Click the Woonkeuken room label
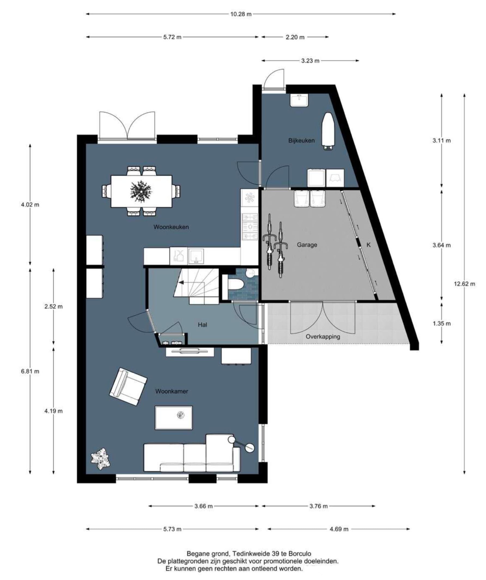pos(171,227)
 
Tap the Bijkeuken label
pos(302,141)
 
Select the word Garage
pos(307,245)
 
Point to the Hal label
pos(202,325)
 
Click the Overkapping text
pos(323,337)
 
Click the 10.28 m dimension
pos(241,14)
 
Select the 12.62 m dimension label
pos(464,284)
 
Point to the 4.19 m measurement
pos(54,411)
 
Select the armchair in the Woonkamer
pos(128,387)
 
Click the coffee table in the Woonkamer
pos(174,418)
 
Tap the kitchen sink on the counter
pos(196,256)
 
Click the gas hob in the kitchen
pos(250,227)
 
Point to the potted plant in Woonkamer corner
pos(101,459)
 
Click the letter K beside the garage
pos(368,245)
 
